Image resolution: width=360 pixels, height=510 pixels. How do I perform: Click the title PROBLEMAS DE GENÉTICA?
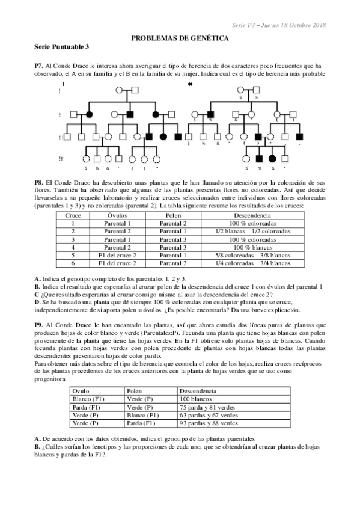tap(180, 37)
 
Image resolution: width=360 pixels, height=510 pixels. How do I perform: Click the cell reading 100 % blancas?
tap(260, 247)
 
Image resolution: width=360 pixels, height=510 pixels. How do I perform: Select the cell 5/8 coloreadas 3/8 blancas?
tap(260, 254)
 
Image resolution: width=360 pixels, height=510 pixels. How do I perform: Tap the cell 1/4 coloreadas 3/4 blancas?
tap(260, 263)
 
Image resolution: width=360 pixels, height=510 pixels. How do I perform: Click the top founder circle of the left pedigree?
tap(120, 91)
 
